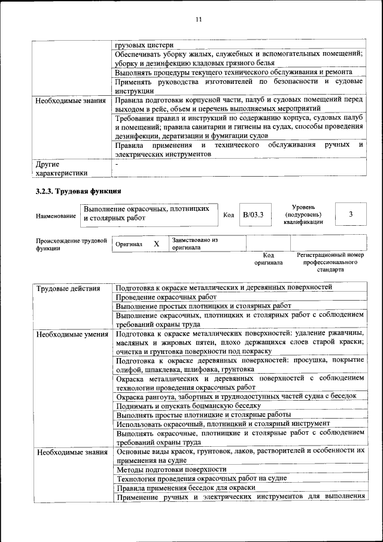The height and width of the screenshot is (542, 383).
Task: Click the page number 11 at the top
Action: click(199, 20)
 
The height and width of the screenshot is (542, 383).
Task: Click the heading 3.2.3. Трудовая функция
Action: click(78, 192)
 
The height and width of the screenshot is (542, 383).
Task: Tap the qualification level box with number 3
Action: click(351, 214)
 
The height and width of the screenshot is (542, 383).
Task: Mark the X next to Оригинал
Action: click(156, 244)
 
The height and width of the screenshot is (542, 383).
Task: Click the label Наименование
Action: click(56, 216)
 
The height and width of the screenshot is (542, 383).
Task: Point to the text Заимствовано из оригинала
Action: click(194, 243)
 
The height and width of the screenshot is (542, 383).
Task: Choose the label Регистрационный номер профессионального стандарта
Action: click(330, 262)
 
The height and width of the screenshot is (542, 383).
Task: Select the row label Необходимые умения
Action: click(71, 334)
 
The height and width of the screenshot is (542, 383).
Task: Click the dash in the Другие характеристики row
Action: click(117, 163)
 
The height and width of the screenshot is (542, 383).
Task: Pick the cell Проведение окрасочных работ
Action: click(166, 297)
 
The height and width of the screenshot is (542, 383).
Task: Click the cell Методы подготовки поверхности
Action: click(171, 469)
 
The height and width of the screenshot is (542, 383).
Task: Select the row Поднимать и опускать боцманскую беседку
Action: click(189, 405)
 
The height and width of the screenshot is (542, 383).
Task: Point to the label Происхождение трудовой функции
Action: click(71, 244)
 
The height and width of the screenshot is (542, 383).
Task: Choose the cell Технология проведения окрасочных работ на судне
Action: click(201, 478)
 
